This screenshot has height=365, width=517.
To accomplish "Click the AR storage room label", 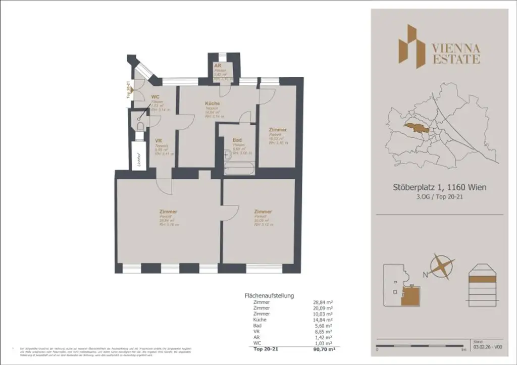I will tap(218, 66).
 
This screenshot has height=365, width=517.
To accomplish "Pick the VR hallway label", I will tap(158, 141).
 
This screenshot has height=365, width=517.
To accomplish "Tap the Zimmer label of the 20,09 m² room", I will tap(263, 212).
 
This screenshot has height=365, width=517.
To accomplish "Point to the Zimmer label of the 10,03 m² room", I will tap(277, 130).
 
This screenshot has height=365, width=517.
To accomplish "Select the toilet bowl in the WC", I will tap(140, 125).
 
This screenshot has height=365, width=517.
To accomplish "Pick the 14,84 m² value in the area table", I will tap(323, 320).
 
